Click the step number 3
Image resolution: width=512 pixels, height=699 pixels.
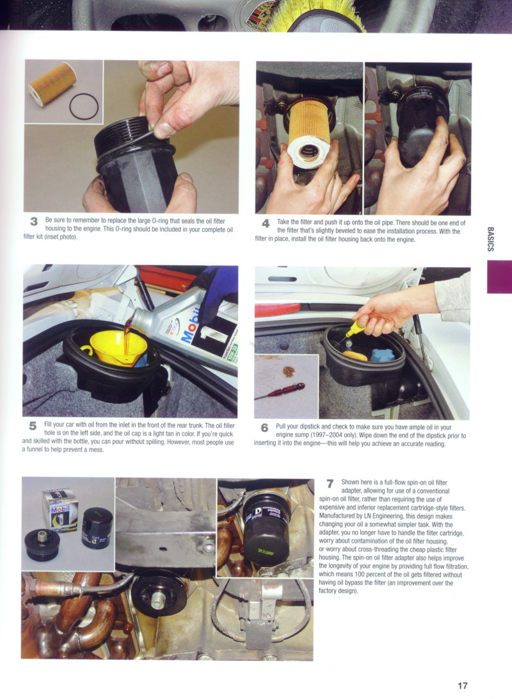click(x=33, y=221)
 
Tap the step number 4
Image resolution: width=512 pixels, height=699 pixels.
click(x=266, y=223)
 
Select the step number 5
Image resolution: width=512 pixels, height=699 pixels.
click(x=33, y=425)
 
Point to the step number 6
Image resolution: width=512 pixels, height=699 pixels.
click(x=264, y=427)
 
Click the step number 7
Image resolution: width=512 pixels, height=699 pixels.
click(x=330, y=483)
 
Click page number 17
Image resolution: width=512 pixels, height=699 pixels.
click(x=463, y=686)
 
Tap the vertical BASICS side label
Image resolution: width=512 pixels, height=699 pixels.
click(x=490, y=239)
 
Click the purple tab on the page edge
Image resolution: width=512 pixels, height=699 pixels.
click(x=499, y=277)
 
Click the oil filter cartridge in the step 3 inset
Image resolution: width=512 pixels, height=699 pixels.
click(x=52, y=84)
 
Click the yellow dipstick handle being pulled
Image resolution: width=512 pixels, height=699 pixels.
click(x=356, y=329)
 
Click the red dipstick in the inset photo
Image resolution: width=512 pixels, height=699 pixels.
click(x=280, y=391)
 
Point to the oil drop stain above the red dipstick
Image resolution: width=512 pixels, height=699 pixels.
click(x=288, y=371)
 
